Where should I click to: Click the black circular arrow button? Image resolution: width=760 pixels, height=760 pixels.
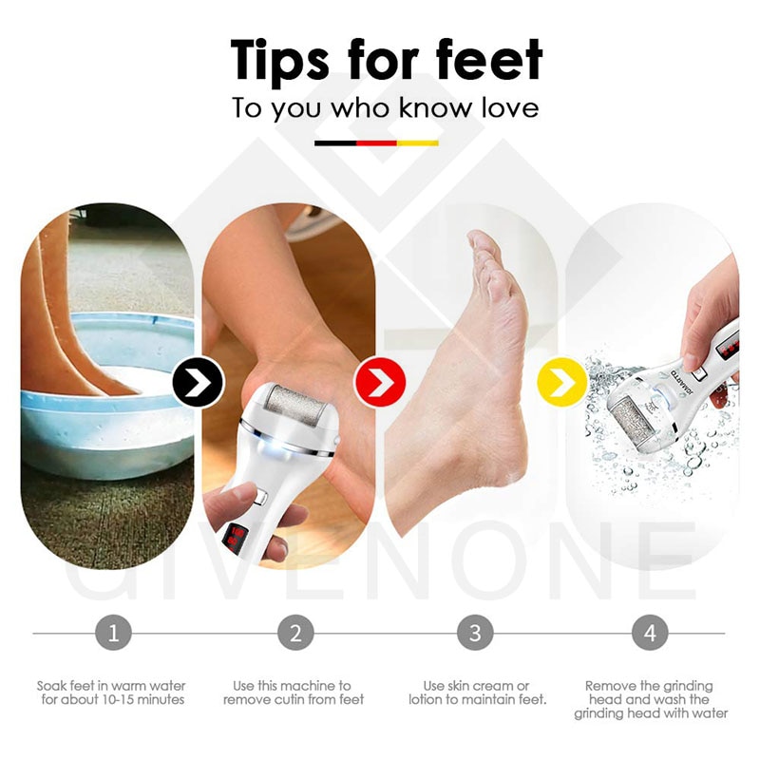point(198,382)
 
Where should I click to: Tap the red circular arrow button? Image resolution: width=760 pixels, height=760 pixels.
point(380,382)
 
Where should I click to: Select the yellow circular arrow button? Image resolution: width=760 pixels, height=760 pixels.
point(561,382)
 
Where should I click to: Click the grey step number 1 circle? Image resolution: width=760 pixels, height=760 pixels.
point(113,632)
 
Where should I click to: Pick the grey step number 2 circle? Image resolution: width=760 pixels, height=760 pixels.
point(295,632)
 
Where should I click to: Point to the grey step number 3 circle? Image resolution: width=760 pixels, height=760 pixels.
point(475,632)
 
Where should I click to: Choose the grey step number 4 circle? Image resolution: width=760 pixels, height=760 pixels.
point(650,632)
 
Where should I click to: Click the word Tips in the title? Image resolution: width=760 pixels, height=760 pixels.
point(290,60)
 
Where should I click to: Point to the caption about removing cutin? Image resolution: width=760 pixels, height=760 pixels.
point(294,693)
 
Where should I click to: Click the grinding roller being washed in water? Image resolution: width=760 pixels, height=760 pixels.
point(636,428)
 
